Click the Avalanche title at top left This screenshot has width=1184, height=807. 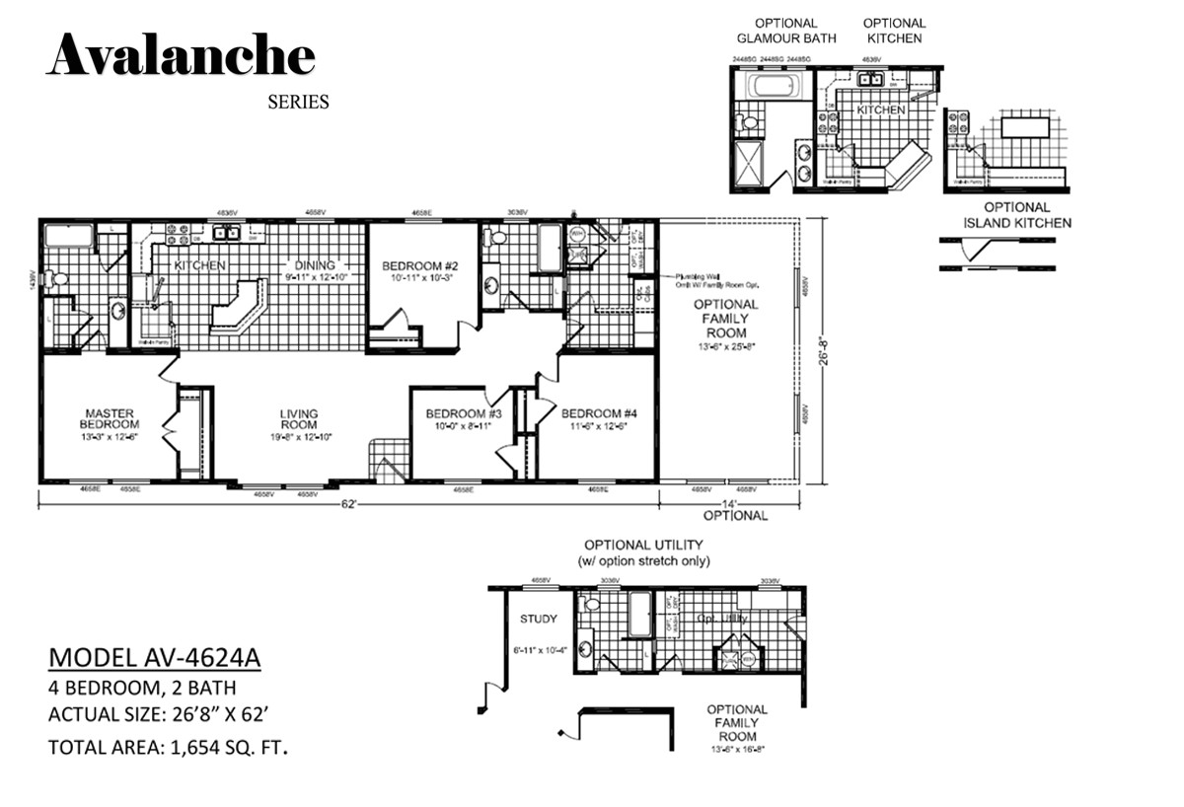tap(181, 55)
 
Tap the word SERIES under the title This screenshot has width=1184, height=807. tap(298, 102)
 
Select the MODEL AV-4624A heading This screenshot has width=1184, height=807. tap(155, 658)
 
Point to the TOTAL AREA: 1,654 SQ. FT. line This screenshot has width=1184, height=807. tap(168, 747)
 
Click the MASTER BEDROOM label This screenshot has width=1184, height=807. tap(111, 419)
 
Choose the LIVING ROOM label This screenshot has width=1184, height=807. tap(298, 419)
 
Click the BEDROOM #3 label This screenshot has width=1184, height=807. tap(464, 413)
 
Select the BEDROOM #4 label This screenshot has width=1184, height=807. tap(599, 413)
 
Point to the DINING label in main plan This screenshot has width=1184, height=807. tap(315, 264)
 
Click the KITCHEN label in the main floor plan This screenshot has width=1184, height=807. tap(200, 265)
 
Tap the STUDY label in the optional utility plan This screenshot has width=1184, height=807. tap(538, 620)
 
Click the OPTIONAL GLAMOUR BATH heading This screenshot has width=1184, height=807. tap(785, 31)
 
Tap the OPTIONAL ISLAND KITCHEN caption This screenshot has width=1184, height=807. tap(1016, 215)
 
